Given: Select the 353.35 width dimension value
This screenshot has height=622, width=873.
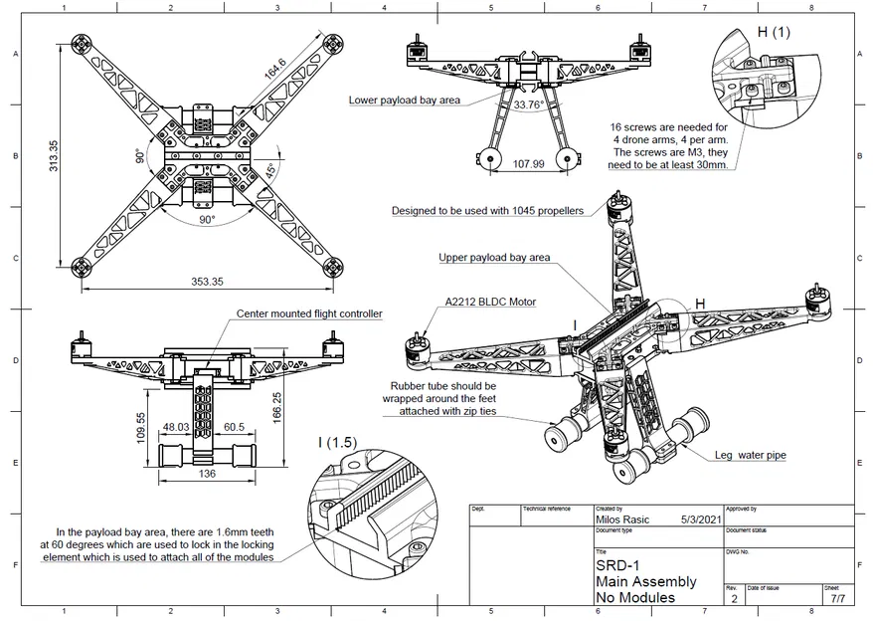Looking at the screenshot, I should pos(207,282).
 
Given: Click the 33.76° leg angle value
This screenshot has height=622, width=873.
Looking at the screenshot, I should pos(529,104).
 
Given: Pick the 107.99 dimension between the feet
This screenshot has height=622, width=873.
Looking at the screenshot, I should pos(528,164).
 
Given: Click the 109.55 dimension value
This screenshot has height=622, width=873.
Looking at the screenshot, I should pos(142,427).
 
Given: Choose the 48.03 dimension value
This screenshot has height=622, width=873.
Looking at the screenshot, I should pos(176,428).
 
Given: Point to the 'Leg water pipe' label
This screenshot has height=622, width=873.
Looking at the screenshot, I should pos(751,455).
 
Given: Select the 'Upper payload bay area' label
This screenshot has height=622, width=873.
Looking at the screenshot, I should pos(494,257).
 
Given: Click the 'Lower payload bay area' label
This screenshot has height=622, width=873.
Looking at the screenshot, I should pos(404,100).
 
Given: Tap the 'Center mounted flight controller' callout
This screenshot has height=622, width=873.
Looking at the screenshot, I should pos(308,313).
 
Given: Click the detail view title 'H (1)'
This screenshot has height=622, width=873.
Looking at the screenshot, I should pos(774,32).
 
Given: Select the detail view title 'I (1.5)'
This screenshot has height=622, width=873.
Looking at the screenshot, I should pos(338,442).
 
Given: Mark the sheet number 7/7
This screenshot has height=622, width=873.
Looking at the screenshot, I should pos(837,599).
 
